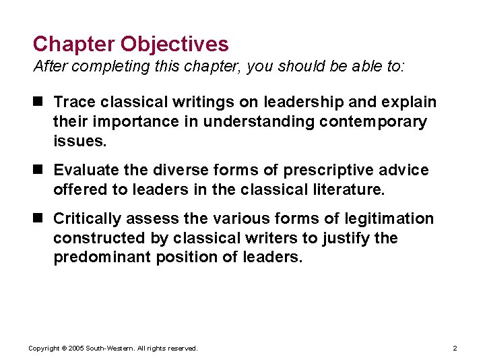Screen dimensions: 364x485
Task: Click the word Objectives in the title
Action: coord(174,44)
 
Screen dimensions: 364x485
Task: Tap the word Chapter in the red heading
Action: coord(74,44)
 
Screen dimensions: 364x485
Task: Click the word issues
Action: coord(79,142)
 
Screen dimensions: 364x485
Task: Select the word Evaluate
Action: coord(85,171)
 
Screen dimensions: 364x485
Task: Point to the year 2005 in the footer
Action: coord(73,348)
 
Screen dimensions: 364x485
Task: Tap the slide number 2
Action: coord(455,348)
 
